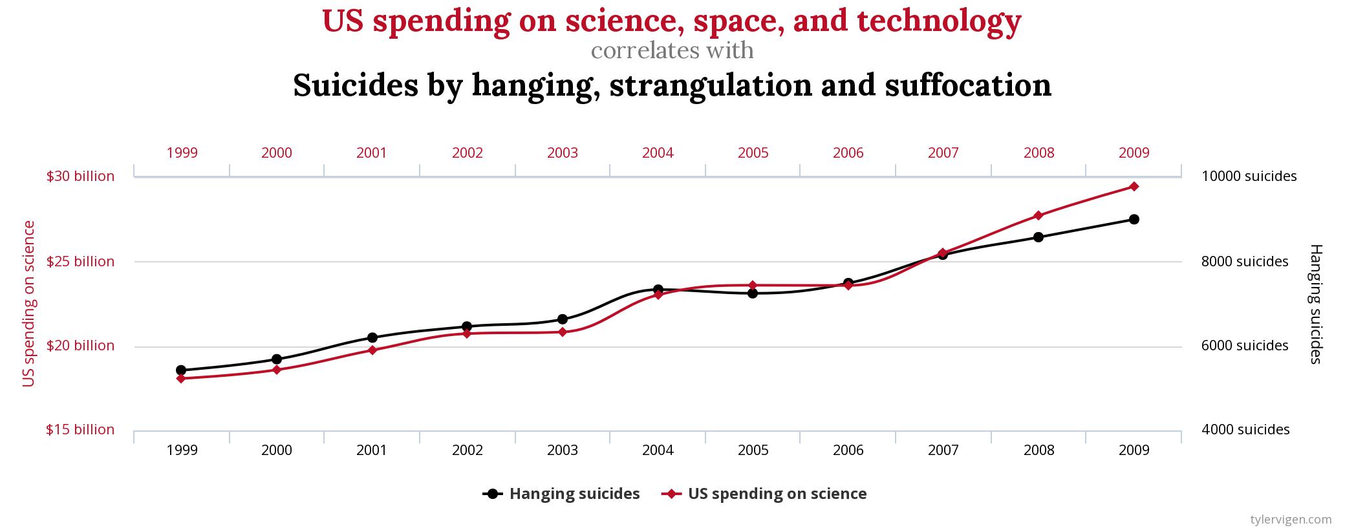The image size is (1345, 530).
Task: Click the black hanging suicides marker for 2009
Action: click(x=1134, y=219)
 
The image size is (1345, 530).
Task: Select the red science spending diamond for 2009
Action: click(x=1134, y=187)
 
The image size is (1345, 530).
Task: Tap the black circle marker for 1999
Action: click(x=181, y=370)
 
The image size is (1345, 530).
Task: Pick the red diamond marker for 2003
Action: click(x=563, y=332)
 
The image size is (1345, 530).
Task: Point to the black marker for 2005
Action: click(x=753, y=293)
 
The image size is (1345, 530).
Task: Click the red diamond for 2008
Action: click(x=1038, y=215)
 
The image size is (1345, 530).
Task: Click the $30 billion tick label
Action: click(x=80, y=176)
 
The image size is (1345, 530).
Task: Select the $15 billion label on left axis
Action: click(x=80, y=430)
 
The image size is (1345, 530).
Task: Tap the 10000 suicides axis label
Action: click(x=1249, y=176)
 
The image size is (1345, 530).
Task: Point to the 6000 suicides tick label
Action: click(x=1245, y=346)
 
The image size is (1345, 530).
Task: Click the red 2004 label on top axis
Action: click(x=658, y=153)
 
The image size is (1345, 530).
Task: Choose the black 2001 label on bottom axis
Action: click(x=372, y=450)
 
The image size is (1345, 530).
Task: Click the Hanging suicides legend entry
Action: click(x=561, y=494)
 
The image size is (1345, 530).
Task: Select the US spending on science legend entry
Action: click(x=764, y=494)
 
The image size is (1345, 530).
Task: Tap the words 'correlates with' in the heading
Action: click(x=672, y=50)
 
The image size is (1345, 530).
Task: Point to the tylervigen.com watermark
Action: click(x=1291, y=519)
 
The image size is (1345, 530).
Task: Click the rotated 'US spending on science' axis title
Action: click(x=28, y=304)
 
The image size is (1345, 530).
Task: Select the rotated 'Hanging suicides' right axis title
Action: click(x=1315, y=304)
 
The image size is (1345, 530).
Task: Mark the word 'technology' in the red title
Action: click(x=939, y=21)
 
